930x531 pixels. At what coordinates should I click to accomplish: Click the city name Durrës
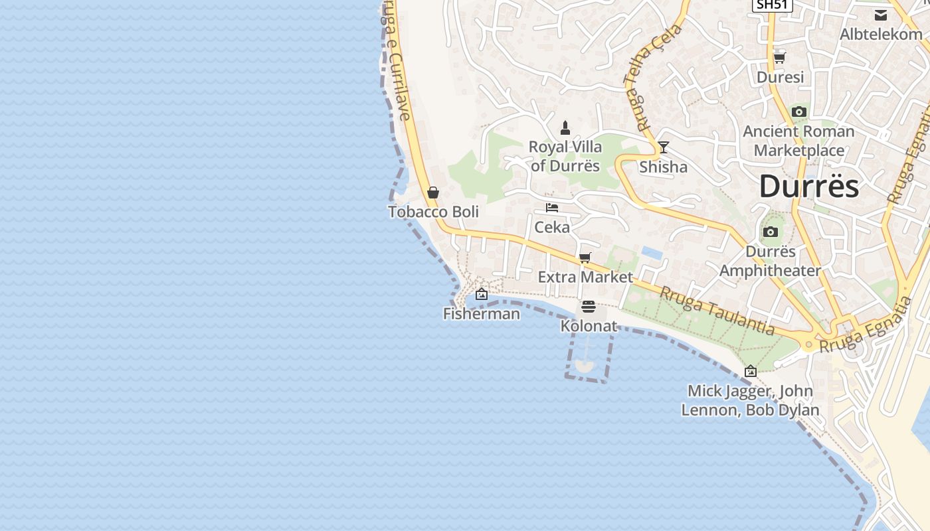tap(808, 187)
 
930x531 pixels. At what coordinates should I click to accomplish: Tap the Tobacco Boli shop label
tap(433, 212)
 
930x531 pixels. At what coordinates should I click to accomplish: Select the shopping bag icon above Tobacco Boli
tap(433, 192)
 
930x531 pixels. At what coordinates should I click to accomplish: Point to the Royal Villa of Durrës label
tap(565, 156)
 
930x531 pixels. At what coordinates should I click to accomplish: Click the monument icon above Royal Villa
tap(565, 127)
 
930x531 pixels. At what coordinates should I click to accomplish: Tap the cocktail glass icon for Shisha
tap(663, 147)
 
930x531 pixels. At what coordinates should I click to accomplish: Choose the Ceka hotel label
tap(552, 227)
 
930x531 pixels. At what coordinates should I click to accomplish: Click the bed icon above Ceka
tap(552, 208)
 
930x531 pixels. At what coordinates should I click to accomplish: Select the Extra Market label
tap(585, 277)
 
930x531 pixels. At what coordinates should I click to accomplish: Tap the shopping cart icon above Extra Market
tap(585, 258)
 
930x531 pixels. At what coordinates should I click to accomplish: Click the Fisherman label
tap(482, 313)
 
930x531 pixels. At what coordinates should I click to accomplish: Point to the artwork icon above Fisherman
tap(482, 294)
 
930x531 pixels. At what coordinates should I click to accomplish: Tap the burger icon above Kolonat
tap(589, 307)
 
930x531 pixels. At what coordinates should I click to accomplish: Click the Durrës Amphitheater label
tap(770, 261)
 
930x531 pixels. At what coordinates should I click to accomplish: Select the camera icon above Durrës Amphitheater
tap(770, 232)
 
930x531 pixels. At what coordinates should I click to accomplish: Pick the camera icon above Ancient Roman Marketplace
tap(798, 112)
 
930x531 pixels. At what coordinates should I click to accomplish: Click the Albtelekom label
tap(881, 34)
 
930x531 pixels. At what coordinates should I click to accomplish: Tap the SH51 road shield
tap(773, 5)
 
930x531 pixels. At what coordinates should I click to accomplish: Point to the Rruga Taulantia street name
tap(717, 310)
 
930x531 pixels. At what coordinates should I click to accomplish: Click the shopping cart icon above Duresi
tap(780, 58)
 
